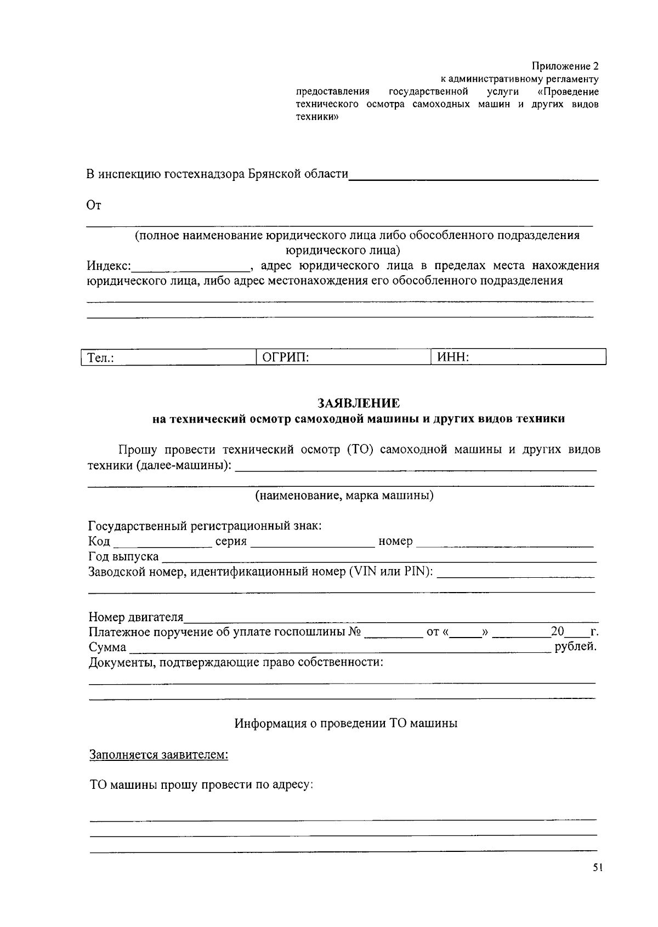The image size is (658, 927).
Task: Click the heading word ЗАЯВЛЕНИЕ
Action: pos(359,403)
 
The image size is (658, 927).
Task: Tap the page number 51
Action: pos(597,868)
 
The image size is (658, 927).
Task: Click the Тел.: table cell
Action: pos(169,357)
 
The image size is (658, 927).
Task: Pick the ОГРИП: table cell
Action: pos(343,357)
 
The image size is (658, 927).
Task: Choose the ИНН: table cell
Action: pos(519,357)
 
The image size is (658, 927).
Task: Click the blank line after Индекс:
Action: pos(191,268)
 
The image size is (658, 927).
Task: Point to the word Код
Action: pos(99,542)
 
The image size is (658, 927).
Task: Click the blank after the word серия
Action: pos(312,543)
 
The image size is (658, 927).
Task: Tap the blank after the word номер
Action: pos(505,543)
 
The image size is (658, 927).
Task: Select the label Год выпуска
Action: pos(123,557)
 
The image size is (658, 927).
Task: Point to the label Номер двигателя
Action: pos(136,617)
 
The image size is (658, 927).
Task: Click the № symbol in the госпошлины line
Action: pos(355,632)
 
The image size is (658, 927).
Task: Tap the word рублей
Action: pos(575,647)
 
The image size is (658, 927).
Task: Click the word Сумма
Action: pos(107,647)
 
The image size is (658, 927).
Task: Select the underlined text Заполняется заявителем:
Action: pos(158,755)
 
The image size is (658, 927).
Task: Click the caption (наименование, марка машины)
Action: pos(344,496)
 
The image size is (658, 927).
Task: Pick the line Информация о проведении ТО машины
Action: pos(346,723)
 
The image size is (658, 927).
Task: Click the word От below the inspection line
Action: pos(94,206)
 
